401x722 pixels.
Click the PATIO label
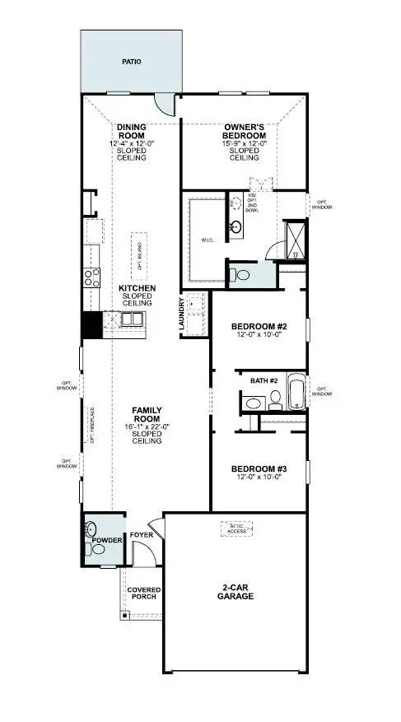(131, 61)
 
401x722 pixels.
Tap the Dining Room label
(131, 132)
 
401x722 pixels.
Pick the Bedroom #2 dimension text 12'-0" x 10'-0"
(259, 334)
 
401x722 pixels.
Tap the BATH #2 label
(264, 381)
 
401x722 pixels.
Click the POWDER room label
(107, 541)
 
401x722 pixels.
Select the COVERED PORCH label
(143, 594)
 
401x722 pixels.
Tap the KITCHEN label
(138, 288)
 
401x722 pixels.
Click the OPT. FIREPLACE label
(92, 425)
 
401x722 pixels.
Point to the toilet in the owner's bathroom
(235, 273)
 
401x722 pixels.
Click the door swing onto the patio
(167, 104)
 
